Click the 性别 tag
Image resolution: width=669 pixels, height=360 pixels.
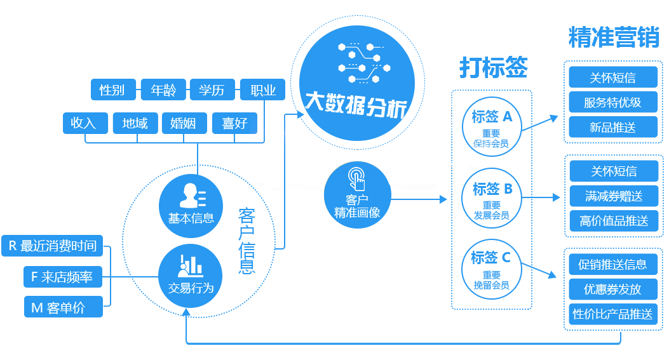(112, 90)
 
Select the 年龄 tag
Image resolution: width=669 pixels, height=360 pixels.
(163, 90)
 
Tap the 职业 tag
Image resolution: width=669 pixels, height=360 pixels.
(263, 90)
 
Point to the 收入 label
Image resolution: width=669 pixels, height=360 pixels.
(83, 123)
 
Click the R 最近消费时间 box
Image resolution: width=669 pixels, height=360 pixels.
(53, 246)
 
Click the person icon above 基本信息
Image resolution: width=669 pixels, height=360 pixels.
(191, 196)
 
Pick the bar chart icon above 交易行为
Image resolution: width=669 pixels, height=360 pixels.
(191, 265)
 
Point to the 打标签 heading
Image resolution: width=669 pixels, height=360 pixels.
(494, 67)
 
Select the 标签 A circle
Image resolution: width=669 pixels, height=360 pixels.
(492, 126)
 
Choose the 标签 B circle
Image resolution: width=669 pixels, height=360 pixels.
(492, 198)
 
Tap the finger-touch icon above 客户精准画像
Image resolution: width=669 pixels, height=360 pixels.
(357, 178)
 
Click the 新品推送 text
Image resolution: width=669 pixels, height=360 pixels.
(612, 128)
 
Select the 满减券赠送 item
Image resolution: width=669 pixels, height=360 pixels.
(614, 196)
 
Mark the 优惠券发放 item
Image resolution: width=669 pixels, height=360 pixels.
(612, 290)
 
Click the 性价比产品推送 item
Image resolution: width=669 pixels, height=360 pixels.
(612, 314)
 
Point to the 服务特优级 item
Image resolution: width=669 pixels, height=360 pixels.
(612, 102)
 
